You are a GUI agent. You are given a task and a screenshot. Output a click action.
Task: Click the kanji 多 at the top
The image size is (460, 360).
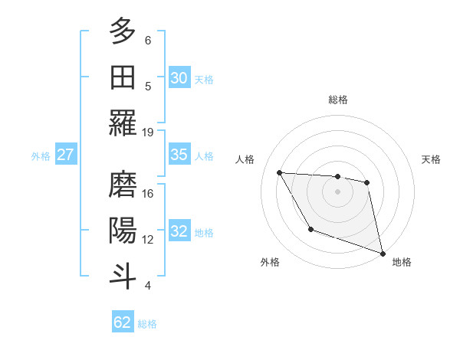[x=123, y=31]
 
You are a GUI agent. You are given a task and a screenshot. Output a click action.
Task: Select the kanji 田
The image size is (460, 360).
[x=123, y=77]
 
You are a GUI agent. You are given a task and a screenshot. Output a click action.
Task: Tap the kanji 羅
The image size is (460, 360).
[x=123, y=123]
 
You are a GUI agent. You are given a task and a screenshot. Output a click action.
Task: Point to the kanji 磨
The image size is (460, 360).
[x=123, y=185]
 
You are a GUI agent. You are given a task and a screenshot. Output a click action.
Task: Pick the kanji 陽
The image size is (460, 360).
[x=123, y=231]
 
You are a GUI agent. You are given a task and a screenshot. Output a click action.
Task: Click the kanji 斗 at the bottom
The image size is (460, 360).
[x=123, y=276]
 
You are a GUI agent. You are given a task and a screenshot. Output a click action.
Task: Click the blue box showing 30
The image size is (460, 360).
[x=179, y=78]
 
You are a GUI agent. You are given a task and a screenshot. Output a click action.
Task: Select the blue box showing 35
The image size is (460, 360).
[x=179, y=155]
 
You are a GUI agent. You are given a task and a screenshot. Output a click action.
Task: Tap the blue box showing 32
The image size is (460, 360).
[x=179, y=231]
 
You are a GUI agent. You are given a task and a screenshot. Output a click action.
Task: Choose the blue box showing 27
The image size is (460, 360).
[x=66, y=155]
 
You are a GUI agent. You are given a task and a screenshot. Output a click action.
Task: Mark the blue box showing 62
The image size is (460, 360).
[x=123, y=322]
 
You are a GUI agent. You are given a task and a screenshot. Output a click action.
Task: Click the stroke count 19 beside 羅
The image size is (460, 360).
[x=148, y=132]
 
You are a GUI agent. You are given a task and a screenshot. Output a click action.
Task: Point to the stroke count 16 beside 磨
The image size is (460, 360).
[x=148, y=194]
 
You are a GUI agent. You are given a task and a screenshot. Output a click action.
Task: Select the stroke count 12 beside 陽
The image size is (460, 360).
[x=148, y=240]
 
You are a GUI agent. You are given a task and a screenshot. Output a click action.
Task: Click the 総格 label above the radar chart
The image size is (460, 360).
[x=337, y=100]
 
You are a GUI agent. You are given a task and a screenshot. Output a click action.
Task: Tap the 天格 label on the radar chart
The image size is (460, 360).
[x=432, y=159]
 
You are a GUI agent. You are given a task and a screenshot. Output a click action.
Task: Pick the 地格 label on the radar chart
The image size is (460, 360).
[x=402, y=262]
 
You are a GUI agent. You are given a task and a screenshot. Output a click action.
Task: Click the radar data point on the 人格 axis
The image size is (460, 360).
[x=279, y=172]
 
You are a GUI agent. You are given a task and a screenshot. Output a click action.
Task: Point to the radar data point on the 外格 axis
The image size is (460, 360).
[x=310, y=229]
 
